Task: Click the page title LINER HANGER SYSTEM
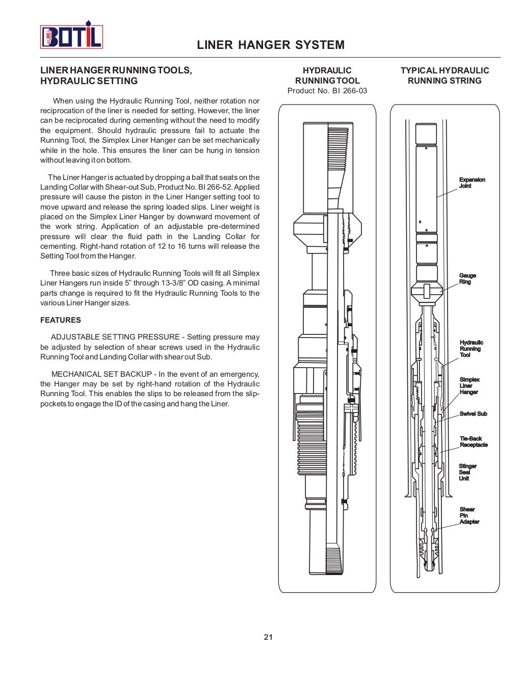coord(271,45)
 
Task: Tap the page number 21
coord(268,637)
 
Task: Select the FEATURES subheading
coord(61,320)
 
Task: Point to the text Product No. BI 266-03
coord(327,91)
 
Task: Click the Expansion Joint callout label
coord(472,183)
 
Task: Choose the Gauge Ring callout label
coord(467,279)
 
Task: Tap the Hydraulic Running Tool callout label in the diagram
coord(471,349)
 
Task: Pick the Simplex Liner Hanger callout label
coord(469,386)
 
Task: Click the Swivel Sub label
coord(473,414)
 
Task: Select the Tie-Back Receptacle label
coord(474,442)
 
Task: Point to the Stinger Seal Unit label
coord(467,472)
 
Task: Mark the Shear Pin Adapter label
coord(469,515)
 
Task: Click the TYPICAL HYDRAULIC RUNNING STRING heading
coord(445,75)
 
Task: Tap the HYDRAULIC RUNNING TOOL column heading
coord(327,75)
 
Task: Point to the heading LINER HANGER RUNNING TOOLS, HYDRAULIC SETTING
coord(116,75)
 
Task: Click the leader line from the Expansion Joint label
coord(447,192)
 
